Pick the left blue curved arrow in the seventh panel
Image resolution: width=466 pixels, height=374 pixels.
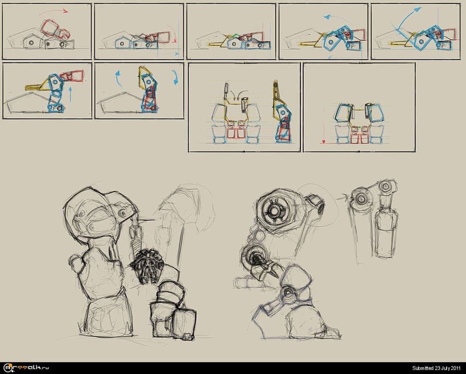[x=118, y=78]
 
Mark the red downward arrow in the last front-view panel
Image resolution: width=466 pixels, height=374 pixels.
[x=324, y=126]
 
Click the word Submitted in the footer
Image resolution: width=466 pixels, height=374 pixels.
[x=422, y=369]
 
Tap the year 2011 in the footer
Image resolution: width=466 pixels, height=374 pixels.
[x=456, y=369]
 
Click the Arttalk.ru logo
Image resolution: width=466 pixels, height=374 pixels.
[x=26, y=368]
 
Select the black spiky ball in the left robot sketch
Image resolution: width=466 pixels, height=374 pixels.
[x=147, y=265]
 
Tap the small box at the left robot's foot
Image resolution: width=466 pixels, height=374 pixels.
[x=188, y=337]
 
